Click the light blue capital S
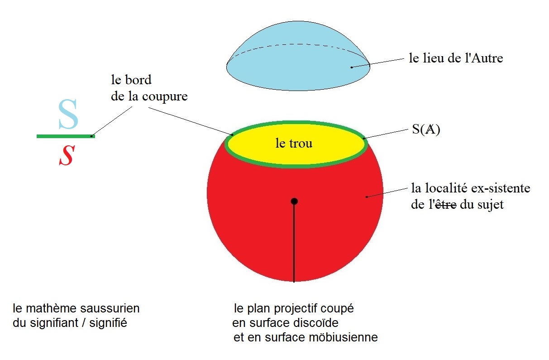pyautogui.click(x=68, y=114)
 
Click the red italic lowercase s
pyautogui.click(x=67, y=155)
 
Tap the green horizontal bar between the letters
pyautogui.click(x=66, y=136)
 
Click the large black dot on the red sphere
pyautogui.click(x=294, y=202)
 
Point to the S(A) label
pyautogui.click(x=426, y=129)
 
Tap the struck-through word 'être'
pyautogui.click(x=445, y=205)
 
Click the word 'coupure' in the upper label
pyautogui.click(x=165, y=97)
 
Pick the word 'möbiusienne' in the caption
pyautogui.click(x=343, y=337)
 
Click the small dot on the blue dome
pyautogui.click(x=352, y=67)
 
